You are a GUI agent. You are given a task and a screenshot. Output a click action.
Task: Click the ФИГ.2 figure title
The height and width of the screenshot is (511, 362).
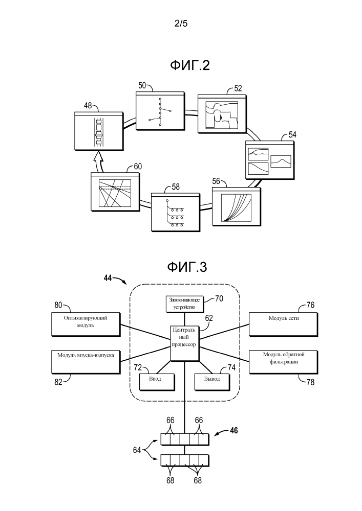pyautogui.click(x=190, y=65)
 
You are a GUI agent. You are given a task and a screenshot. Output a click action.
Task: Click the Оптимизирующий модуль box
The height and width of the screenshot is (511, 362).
pyautogui.click(x=86, y=325)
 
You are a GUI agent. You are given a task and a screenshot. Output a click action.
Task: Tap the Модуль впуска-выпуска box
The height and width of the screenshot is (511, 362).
pyautogui.click(x=86, y=361)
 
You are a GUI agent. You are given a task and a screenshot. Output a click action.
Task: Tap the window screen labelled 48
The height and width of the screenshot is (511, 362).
pyautogui.click(x=98, y=131)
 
